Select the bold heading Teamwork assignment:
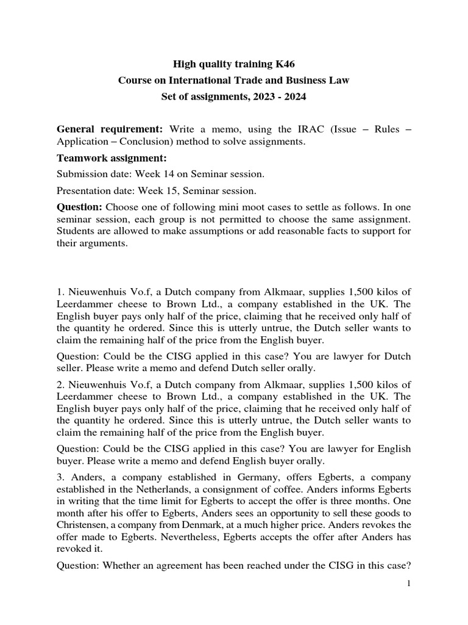point(107,158)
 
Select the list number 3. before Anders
point(60,476)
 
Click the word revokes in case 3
point(381,527)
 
